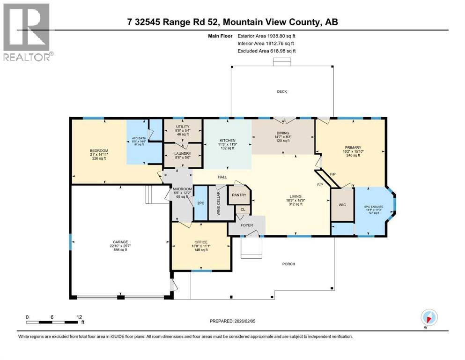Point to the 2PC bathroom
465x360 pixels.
(201, 204)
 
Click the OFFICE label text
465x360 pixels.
(201, 242)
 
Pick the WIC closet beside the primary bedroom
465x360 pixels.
(342, 205)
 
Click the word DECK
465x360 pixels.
(281, 92)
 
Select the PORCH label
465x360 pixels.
(288, 264)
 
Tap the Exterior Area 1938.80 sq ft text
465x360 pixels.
(266, 36)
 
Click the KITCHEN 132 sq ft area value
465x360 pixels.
(228, 148)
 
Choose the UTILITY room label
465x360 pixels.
(182, 127)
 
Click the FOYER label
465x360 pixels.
(247, 225)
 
